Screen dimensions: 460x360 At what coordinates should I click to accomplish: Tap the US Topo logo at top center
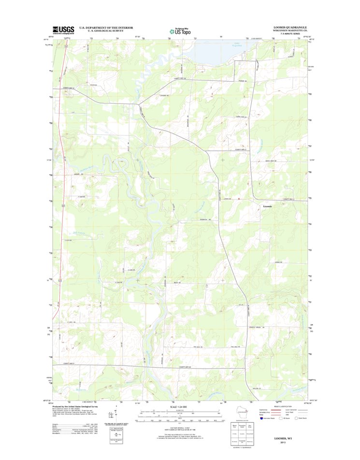[180, 29]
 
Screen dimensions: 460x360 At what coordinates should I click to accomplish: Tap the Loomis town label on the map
[267, 207]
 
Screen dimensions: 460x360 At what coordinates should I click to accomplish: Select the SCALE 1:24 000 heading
[180, 407]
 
